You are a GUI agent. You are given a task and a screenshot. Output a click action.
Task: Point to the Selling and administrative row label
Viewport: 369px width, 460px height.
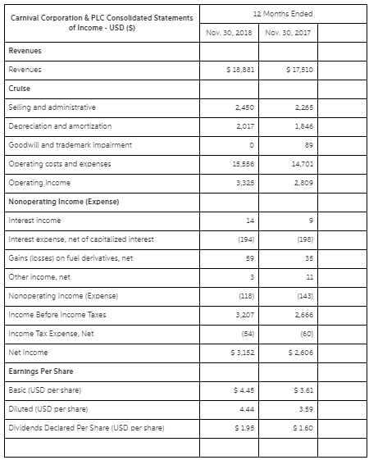tap(52, 107)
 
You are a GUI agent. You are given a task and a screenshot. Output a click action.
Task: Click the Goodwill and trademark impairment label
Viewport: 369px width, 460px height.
tap(69, 144)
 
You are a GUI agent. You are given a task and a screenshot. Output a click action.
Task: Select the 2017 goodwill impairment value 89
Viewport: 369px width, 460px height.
tap(305, 144)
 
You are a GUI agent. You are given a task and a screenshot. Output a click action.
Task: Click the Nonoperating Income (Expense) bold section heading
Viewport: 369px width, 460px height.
tap(64, 201)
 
